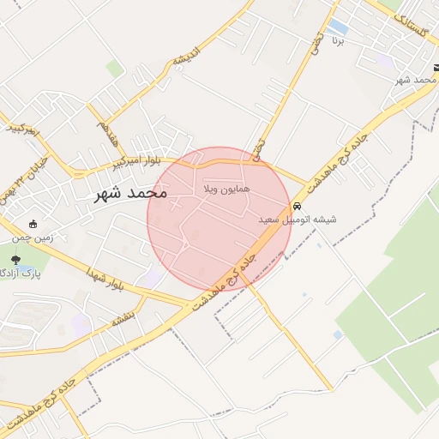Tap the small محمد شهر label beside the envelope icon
pyautogui.click(x=412, y=79)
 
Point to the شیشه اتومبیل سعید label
pyautogui.click(x=298, y=220)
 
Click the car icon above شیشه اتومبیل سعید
pyautogui.click(x=297, y=207)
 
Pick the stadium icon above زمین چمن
pyautogui.click(x=33, y=224)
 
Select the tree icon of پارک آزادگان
pyautogui.click(x=15, y=259)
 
